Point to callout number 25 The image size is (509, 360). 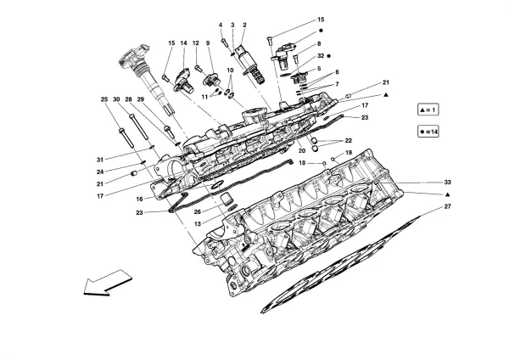click(x=105, y=99)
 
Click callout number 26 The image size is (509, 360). click(x=198, y=212)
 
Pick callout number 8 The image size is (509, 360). click(x=320, y=43)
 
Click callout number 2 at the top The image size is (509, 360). click(x=244, y=25)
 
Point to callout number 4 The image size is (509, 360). click(x=220, y=25)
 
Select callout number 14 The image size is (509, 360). click(x=182, y=42)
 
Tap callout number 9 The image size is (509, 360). click(x=207, y=42)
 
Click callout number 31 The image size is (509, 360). click(x=99, y=160)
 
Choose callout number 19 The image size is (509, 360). click(x=348, y=153)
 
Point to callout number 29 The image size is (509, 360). click(x=141, y=99)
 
